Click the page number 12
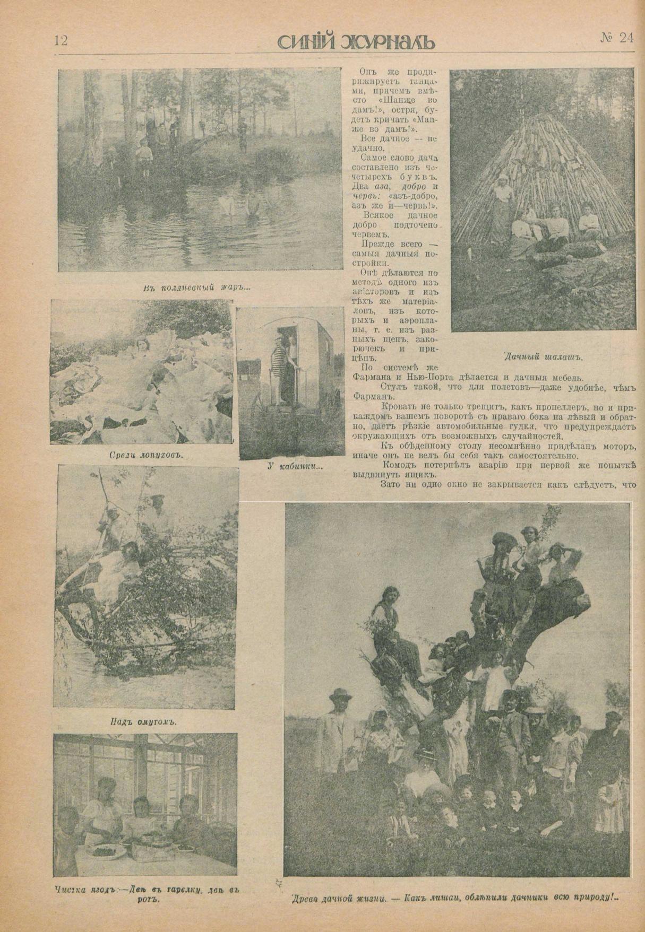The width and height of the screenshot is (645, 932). pyautogui.click(x=61, y=40)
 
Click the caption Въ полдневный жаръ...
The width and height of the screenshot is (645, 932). pyautogui.click(x=196, y=288)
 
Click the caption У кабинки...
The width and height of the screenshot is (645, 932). pyautogui.click(x=295, y=467)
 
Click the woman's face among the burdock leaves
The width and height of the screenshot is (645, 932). pyautogui.click(x=141, y=345)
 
